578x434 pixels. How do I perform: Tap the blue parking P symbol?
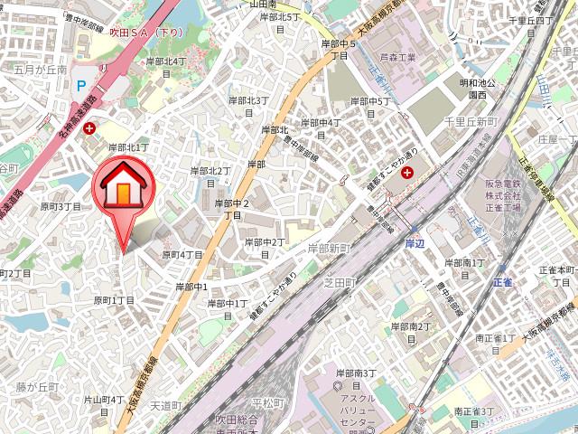click(80, 87)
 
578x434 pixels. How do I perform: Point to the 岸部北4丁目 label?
click(165, 66)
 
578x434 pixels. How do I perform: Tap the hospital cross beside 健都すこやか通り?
click(407, 172)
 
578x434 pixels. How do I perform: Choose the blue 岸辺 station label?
click(414, 244)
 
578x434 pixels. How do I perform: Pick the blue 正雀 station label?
click(503, 282)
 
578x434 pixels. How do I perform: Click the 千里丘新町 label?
click(470, 121)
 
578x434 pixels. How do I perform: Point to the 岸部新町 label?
click(330, 248)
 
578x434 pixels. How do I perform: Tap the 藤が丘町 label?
click(36, 387)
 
